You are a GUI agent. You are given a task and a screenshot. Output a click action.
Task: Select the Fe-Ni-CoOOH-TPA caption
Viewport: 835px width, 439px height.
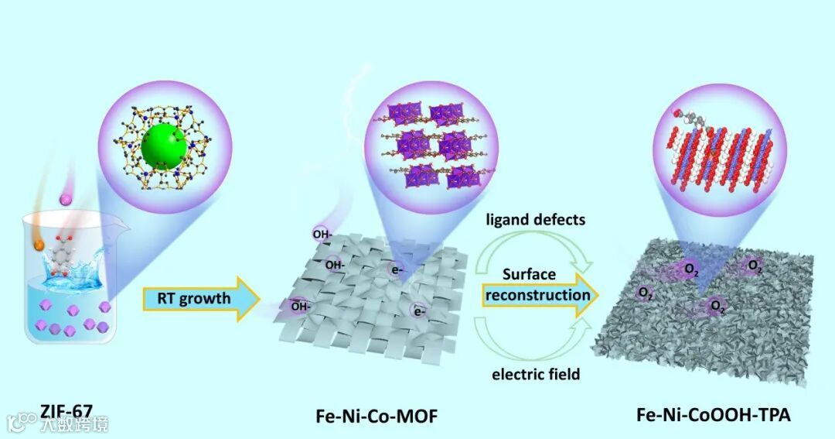coord(713,415)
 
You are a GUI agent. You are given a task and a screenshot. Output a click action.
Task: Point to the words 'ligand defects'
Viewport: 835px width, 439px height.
coord(535,220)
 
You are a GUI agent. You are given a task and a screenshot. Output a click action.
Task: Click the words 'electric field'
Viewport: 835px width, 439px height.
coord(536,375)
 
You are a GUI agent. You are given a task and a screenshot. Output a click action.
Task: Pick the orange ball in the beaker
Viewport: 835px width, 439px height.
coord(39,247)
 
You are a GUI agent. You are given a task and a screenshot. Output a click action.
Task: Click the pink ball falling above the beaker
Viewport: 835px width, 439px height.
coord(66,201)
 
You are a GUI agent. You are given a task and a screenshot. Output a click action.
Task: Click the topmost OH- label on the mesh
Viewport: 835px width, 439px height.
coord(323,233)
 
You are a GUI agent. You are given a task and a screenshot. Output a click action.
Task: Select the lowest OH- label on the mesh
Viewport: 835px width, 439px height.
coord(301,306)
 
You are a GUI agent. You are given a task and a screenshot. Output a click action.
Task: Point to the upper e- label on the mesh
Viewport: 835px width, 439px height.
coord(396,269)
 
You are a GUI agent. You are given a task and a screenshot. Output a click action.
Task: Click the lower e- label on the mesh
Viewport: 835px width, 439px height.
coord(420,312)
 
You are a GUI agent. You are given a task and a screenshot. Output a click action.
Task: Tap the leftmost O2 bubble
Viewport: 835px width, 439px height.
coord(643,293)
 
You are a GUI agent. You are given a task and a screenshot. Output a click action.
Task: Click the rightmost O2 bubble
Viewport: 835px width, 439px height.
coord(755,268)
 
